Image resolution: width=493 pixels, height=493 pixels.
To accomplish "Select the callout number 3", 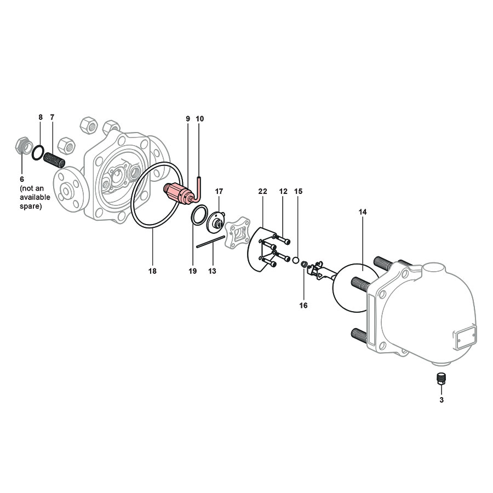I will [x=441, y=400].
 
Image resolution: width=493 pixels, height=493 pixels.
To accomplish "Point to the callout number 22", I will [x=262, y=191].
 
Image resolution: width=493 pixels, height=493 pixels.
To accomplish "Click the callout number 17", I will [x=219, y=191].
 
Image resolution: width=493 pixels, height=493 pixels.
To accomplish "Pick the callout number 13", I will [x=212, y=271].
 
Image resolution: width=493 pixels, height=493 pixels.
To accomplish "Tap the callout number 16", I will [x=303, y=305].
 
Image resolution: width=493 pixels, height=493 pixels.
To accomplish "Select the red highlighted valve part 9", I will [x=180, y=192].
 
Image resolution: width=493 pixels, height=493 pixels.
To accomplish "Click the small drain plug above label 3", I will [x=441, y=379].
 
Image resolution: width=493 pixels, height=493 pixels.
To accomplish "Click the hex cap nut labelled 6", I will [x=21, y=147].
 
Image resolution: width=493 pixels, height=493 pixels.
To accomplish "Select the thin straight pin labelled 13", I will [x=211, y=242].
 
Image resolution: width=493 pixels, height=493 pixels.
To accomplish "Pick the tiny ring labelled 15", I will [x=295, y=260].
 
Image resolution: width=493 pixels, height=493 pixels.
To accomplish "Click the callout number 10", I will [x=199, y=118].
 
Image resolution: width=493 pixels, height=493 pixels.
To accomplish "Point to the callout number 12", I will [x=283, y=191].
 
